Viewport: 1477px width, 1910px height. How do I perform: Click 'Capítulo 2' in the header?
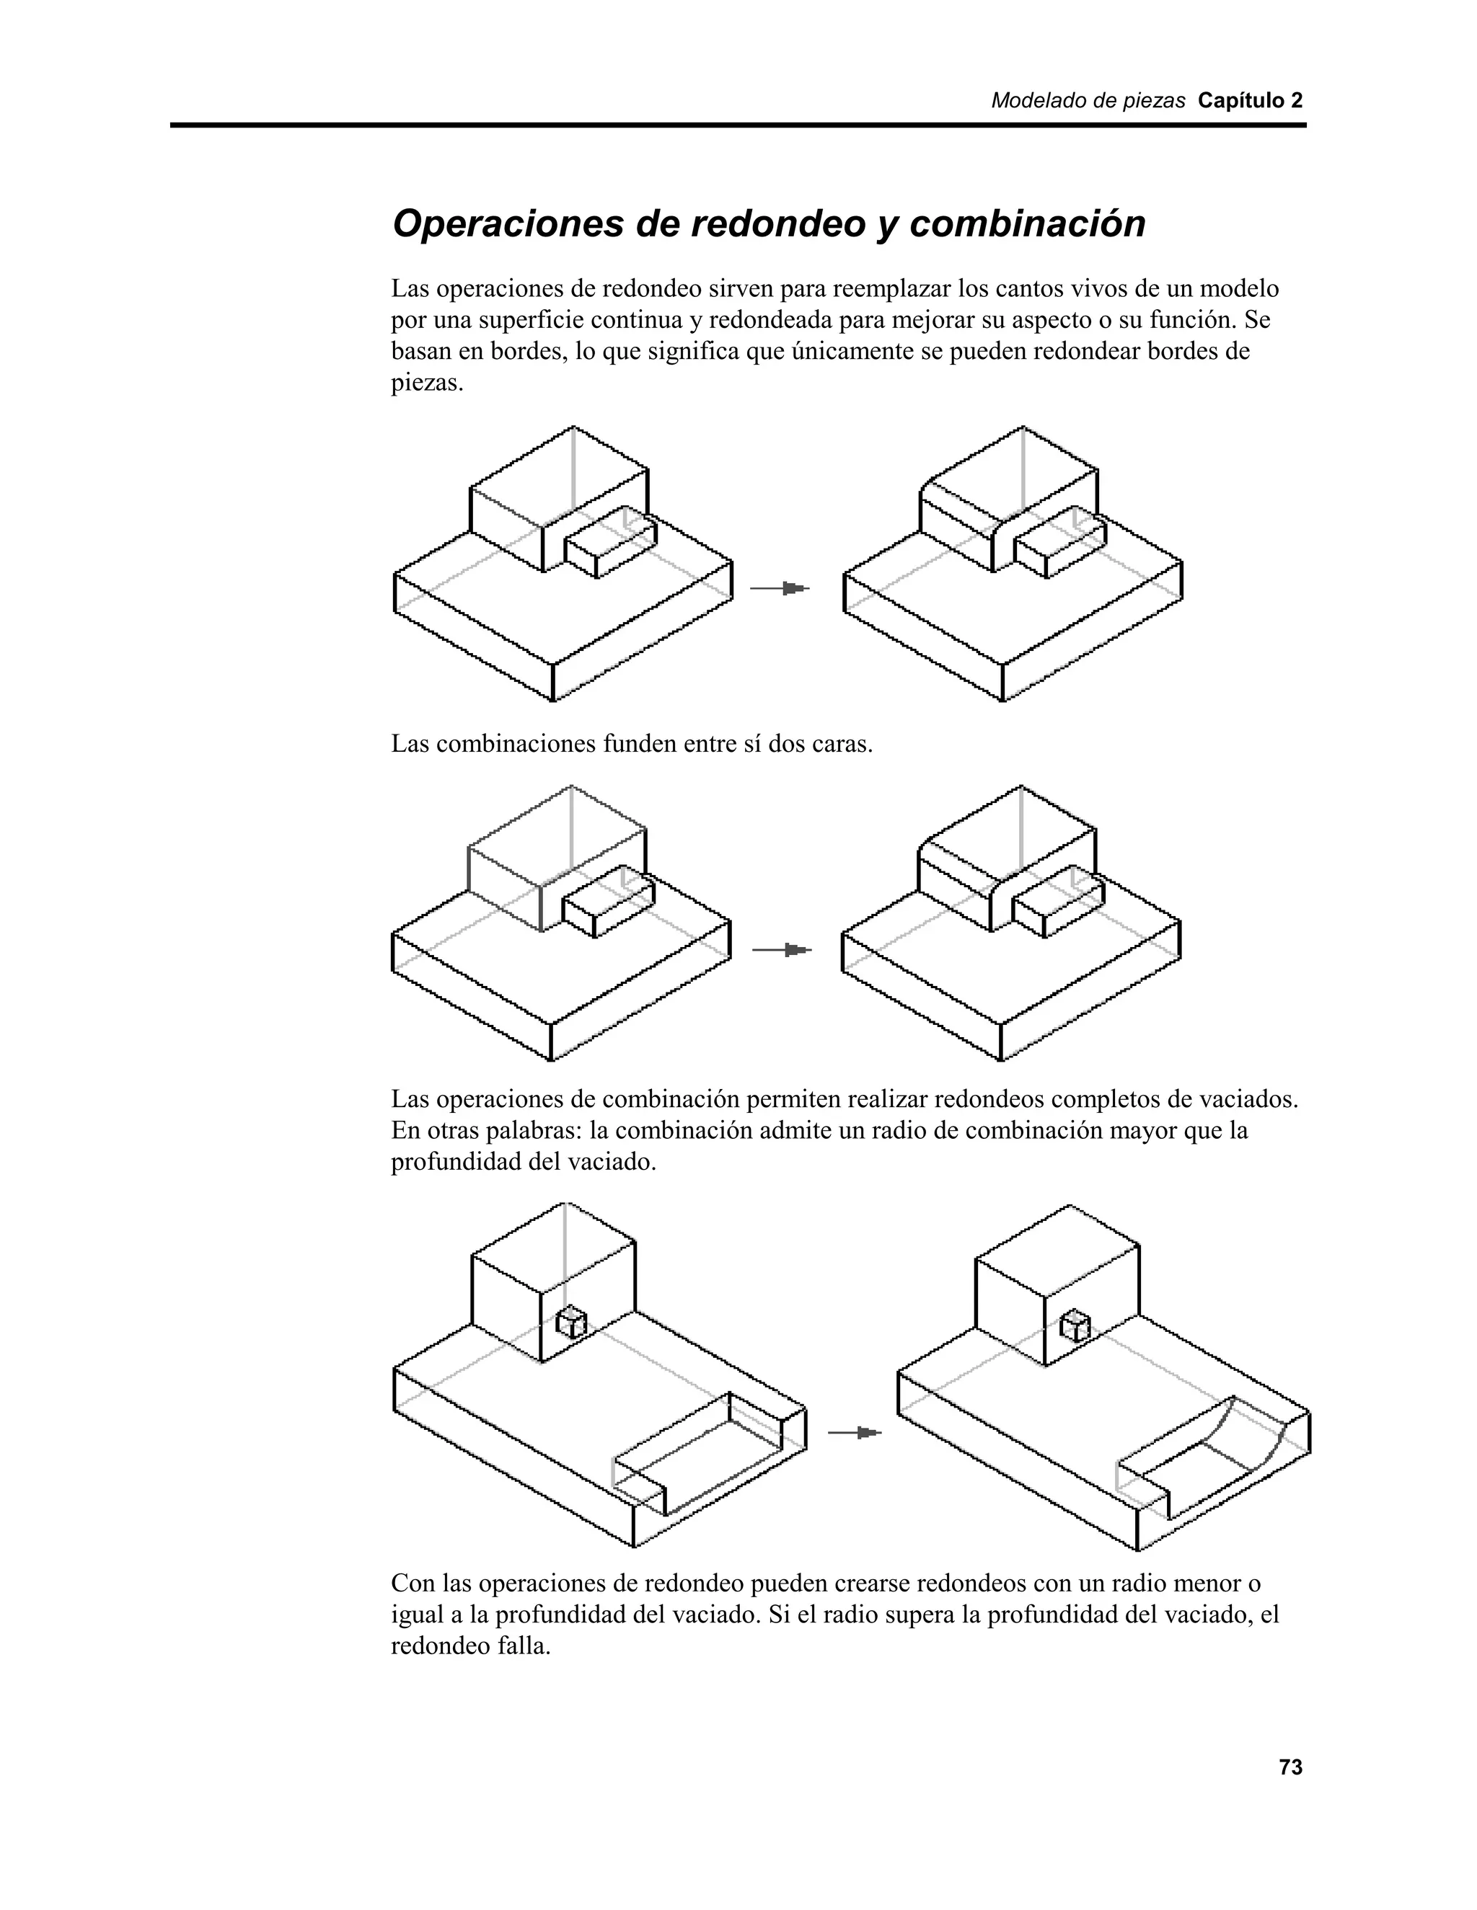point(1250,101)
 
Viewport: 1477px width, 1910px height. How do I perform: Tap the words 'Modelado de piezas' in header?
point(1088,101)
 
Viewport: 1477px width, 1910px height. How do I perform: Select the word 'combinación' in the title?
point(1027,224)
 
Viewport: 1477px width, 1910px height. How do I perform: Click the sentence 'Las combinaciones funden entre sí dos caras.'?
point(632,745)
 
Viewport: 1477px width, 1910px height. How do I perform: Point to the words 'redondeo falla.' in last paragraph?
point(471,1646)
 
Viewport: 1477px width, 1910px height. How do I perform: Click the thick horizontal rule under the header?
point(738,126)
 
